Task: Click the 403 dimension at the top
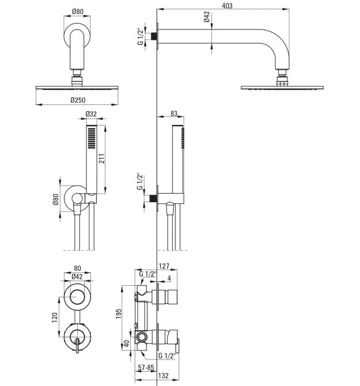[x=227, y=5]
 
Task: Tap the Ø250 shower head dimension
[x=78, y=100]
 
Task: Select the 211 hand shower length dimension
[x=101, y=158]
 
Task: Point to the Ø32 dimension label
[x=91, y=114]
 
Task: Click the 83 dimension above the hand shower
[x=174, y=113]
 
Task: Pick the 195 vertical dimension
[x=118, y=314]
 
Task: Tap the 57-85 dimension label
[x=146, y=368]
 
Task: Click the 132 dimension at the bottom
[x=164, y=376]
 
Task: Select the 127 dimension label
[x=164, y=266]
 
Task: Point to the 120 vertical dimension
[x=54, y=317]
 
